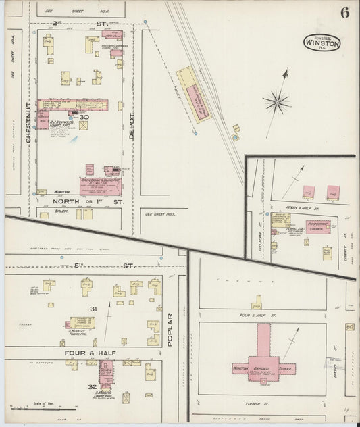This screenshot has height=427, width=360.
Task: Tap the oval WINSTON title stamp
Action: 322,42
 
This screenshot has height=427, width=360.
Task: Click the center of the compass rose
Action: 276,103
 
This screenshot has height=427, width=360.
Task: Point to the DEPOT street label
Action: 132,125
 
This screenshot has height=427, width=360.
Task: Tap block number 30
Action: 84,117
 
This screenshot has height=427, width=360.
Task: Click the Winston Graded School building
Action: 262,365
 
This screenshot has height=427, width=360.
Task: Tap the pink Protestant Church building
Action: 317,226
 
